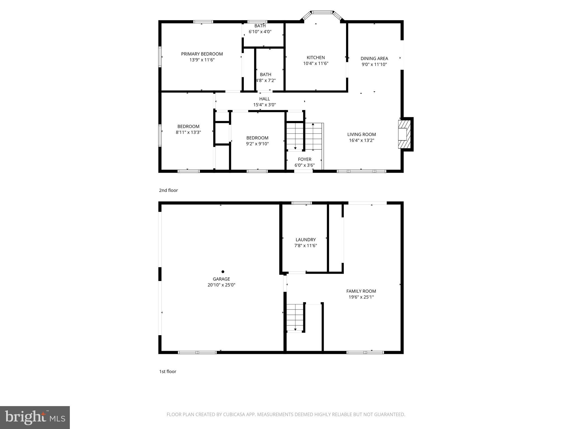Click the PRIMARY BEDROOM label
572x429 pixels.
[202, 54]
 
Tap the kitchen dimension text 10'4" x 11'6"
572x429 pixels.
[316, 63]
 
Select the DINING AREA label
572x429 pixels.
[374, 58]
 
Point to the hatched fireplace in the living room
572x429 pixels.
[404, 134]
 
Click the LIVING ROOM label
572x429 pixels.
[361, 134]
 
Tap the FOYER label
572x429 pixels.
[304, 159]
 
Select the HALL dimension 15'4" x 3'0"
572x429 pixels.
[264, 105]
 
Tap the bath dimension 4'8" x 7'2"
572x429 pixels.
[266, 80]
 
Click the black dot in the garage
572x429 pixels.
[223, 271]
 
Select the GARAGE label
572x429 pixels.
[221, 279]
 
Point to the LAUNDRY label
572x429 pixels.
[306, 240]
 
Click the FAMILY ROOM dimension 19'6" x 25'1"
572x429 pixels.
[361, 297]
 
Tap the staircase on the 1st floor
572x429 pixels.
[295, 318]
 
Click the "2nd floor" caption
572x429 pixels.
[168, 190]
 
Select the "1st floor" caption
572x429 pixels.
[168, 371]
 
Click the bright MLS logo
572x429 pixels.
[35, 417]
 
